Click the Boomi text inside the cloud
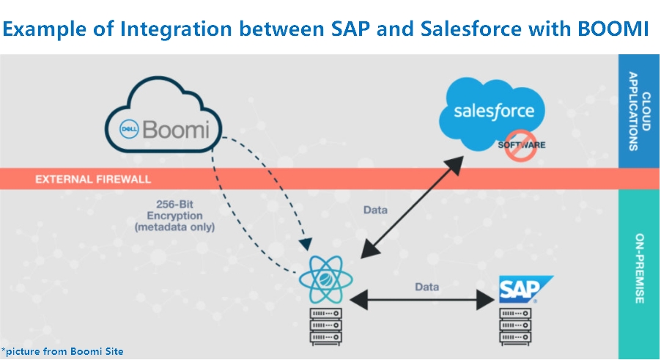175,131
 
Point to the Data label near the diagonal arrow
375,210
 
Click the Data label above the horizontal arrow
427,287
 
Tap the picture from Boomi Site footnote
62,351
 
